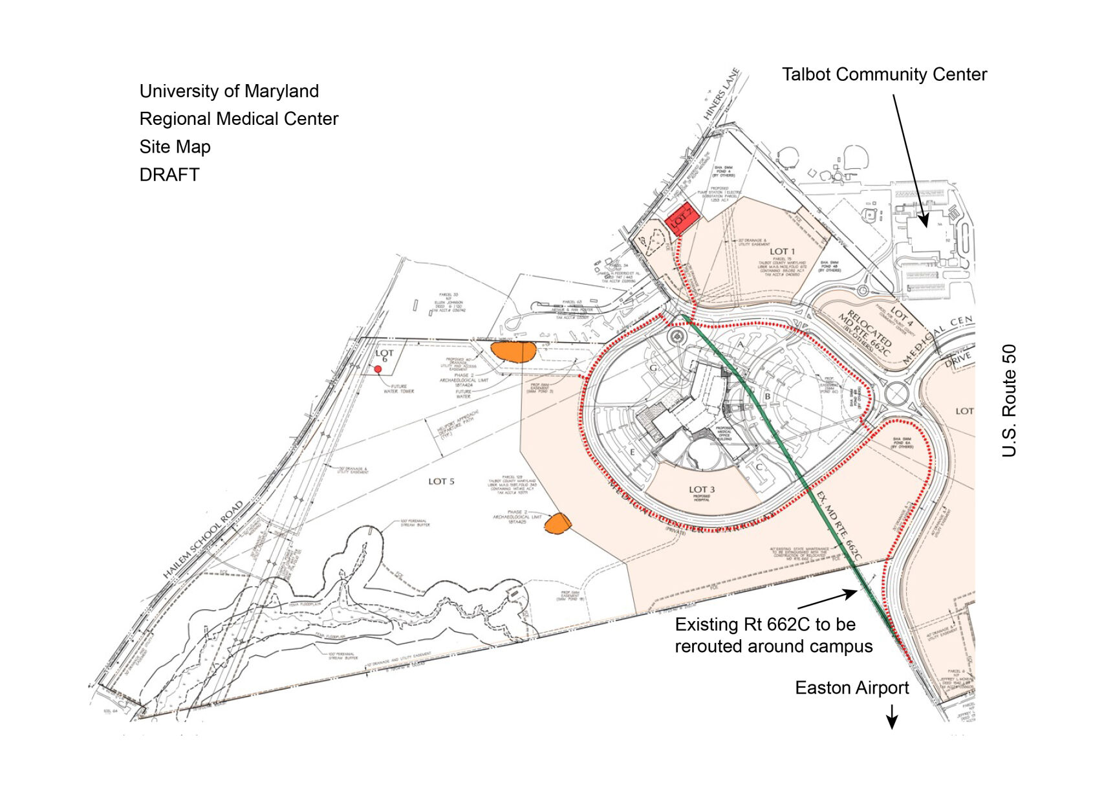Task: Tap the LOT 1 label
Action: click(782, 251)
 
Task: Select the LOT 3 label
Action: click(702, 490)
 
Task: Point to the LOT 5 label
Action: click(441, 481)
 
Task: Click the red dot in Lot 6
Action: click(378, 369)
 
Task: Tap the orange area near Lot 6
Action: click(513, 352)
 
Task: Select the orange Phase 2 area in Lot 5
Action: click(557, 523)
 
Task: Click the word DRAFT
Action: click(169, 175)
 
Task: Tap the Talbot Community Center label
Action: click(884, 74)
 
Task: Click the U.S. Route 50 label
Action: click(1009, 400)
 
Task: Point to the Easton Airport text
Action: click(852, 688)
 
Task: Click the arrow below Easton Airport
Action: click(892, 716)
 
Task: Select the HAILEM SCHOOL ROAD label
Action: click(202, 540)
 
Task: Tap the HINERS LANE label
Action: click(721, 94)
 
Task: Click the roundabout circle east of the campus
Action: click(897, 393)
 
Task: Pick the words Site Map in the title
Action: click(175, 147)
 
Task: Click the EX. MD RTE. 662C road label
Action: click(839, 525)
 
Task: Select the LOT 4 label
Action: click(902, 316)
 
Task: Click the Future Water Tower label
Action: click(399, 389)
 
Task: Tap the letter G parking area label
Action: click(653, 368)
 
